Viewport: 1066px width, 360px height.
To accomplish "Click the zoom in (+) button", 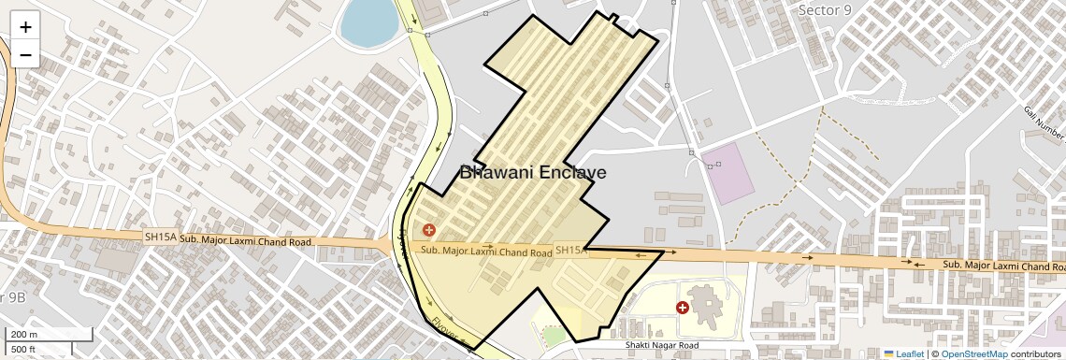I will coord(25,27).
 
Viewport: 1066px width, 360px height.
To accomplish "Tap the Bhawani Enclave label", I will coord(533,173).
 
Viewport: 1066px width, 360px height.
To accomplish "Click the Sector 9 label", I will coord(824,9).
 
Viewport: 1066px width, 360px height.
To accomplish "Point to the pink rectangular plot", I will coord(727,173).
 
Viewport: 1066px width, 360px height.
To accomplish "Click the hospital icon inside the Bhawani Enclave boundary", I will coord(429,229).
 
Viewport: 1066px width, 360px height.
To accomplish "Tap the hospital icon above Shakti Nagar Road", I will coord(683,307).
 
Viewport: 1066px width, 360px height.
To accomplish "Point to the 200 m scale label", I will coord(24,335).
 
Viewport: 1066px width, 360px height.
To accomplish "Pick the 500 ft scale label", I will coord(23,350).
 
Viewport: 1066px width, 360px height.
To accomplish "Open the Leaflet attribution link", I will coord(903,354).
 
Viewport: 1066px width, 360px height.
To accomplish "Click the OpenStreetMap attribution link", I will coord(973,354).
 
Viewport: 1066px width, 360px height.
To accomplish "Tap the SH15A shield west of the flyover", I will coord(160,238).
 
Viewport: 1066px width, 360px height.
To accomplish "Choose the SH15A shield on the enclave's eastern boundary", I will coord(570,250).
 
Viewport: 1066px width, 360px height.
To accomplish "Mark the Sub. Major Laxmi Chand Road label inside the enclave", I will coord(485,252).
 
